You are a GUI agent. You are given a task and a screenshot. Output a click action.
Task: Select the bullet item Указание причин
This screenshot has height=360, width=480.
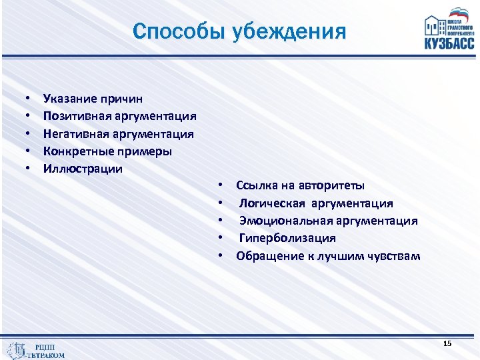tap(93, 99)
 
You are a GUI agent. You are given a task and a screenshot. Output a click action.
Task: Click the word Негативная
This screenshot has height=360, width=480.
tap(79, 134)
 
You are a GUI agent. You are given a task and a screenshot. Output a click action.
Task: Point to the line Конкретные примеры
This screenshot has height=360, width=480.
tap(107, 151)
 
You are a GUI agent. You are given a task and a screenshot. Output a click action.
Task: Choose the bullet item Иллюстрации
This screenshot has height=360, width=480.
tap(83, 169)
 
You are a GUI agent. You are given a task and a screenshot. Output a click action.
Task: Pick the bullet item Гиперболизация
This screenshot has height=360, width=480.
tap(287, 238)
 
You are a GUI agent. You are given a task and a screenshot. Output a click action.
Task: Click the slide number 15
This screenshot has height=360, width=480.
tap(447, 343)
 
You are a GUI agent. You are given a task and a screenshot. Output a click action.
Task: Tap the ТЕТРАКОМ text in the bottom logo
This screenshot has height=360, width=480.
tap(46, 355)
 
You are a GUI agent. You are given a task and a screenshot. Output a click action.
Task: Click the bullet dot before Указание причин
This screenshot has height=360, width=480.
tap(29, 99)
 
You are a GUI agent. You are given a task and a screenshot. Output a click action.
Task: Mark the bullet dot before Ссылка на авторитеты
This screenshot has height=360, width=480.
tap(219, 186)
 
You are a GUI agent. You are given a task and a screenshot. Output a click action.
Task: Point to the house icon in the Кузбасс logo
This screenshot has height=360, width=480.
tap(437, 25)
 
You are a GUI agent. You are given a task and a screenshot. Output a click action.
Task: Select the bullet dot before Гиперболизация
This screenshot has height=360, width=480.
tap(219, 239)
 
